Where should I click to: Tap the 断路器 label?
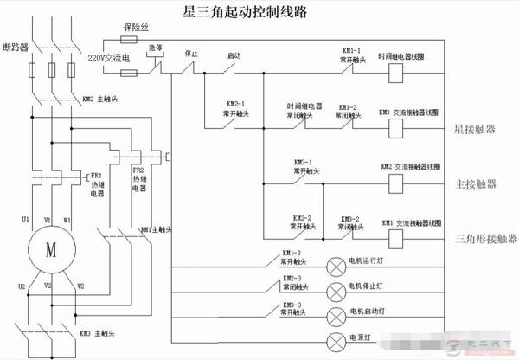coord(19,45)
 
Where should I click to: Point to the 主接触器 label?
coord(475,184)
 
